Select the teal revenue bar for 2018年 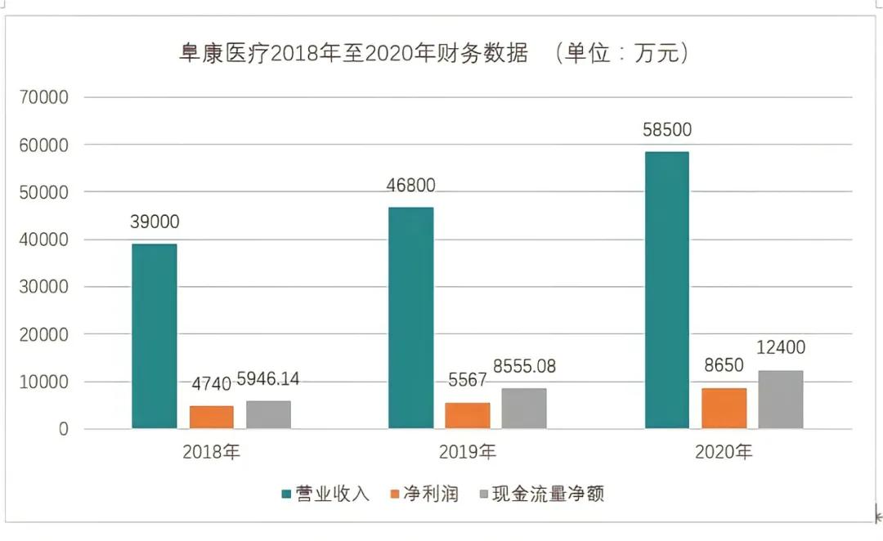(x=155, y=336)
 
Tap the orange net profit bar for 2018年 (x=212, y=417)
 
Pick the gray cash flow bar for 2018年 (x=268, y=414)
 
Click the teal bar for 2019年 (x=410, y=318)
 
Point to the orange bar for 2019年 (x=468, y=415)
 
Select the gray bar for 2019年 (x=524, y=408)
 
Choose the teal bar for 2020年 (x=667, y=290)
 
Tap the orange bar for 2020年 (x=724, y=408)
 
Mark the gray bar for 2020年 (x=781, y=399)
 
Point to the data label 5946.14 (x=268, y=380)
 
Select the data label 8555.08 (x=524, y=367)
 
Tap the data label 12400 (x=780, y=348)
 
